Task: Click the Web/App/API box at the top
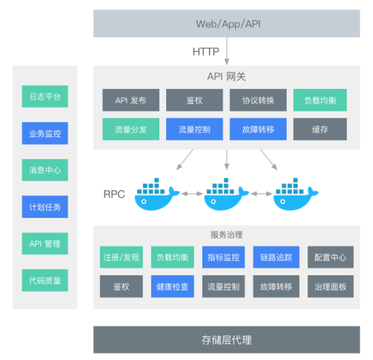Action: click(226, 24)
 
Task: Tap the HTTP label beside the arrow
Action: click(206, 52)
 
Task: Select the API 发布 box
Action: click(131, 100)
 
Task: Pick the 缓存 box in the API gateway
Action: click(320, 129)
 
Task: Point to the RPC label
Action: click(114, 194)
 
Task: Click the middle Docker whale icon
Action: click(226, 194)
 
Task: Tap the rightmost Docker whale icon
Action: click(295, 194)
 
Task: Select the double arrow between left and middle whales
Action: click(192, 194)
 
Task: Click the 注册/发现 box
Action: click(121, 257)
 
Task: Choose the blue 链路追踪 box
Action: click(276, 257)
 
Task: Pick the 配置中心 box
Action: click(330, 257)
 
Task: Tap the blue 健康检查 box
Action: click(172, 286)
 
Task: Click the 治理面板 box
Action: click(330, 286)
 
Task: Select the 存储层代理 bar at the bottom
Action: click(226, 339)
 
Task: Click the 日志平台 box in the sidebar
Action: click(45, 96)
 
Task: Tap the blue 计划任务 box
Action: click(45, 206)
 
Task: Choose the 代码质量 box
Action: click(45, 280)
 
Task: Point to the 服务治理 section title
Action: click(226, 234)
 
